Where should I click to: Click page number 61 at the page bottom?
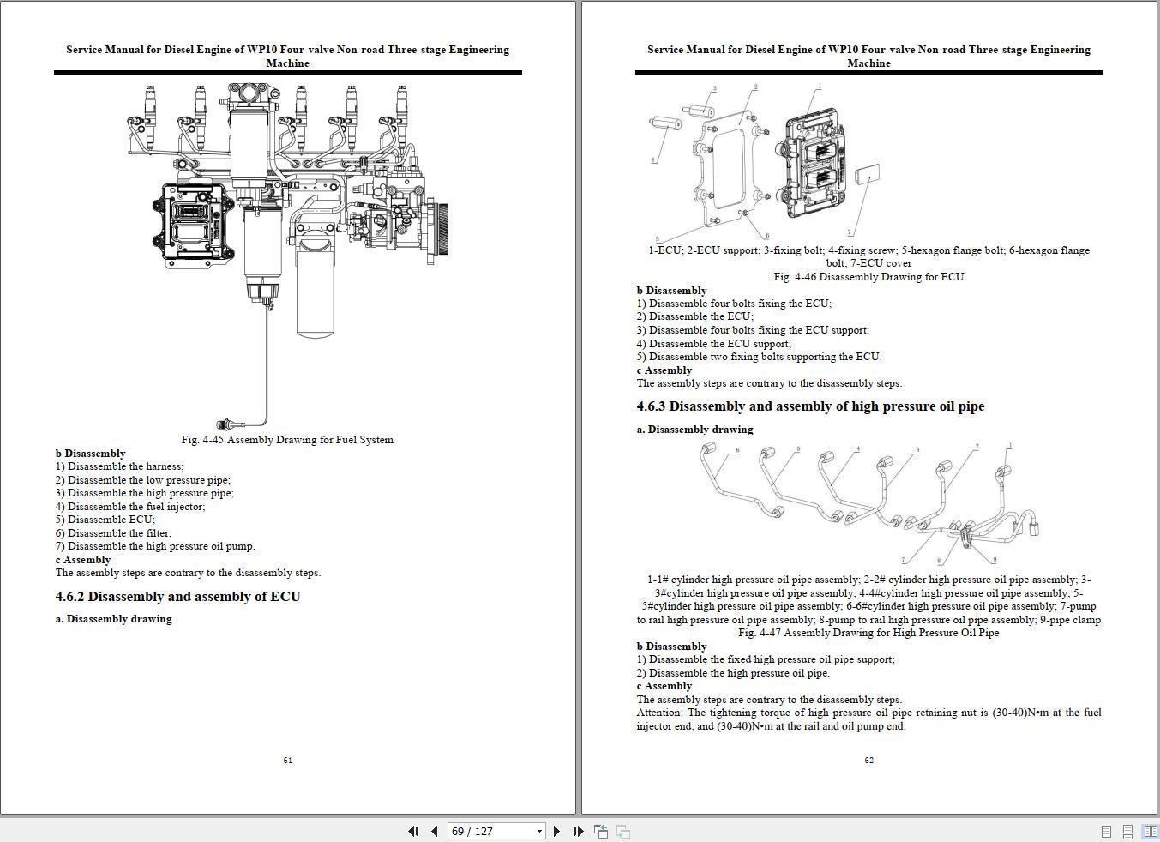click(x=287, y=760)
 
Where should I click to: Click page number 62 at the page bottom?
click(x=868, y=760)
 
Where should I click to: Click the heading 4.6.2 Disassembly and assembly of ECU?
click(x=178, y=597)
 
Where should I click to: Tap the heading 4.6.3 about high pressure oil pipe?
click(x=810, y=406)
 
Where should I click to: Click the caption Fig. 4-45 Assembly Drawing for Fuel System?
click(x=287, y=440)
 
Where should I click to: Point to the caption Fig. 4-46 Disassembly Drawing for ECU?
click(x=868, y=277)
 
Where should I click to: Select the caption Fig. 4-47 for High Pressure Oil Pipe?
click(x=868, y=633)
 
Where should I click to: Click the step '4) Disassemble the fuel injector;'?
click(x=130, y=507)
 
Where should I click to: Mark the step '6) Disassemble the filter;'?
click(x=113, y=533)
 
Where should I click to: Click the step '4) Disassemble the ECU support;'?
click(x=713, y=344)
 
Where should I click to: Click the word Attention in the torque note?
click(x=659, y=713)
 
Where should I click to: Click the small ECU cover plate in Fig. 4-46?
click(x=868, y=174)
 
